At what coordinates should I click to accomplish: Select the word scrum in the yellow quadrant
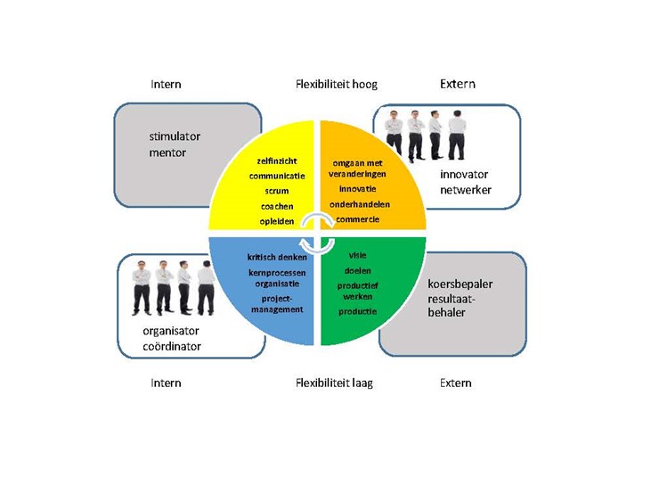coord(277,191)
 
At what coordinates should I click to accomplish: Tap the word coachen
coord(277,206)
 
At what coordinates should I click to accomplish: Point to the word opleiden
coord(277,221)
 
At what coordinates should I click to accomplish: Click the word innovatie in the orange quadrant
coord(358,189)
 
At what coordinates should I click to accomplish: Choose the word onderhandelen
coord(360,204)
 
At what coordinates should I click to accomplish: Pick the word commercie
coord(358,219)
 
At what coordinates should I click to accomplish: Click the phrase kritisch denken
coord(277,257)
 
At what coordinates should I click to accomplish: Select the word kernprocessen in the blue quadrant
coord(276,272)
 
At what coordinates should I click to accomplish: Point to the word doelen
coord(358,270)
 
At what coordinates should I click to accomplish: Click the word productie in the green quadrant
coord(358,311)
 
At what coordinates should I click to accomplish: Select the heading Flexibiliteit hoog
coord(337,85)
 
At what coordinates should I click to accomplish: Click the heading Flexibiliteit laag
coord(334,383)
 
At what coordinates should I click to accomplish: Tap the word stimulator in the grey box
coord(175,136)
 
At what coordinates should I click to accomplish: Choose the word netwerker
coord(466,190)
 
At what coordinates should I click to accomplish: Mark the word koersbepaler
coord(460,284)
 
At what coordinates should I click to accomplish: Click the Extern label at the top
coord(457,84)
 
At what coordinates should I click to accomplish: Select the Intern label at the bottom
coord(166,383)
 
